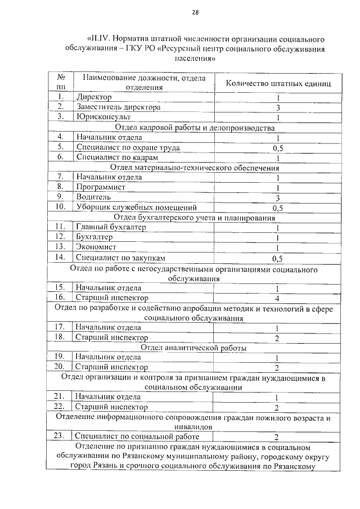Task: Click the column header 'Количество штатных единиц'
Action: (278, 83)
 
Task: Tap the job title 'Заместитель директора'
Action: (118, 107)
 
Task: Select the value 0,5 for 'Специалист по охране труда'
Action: (277, 148)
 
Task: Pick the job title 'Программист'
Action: (101, 187)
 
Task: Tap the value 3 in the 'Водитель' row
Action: (277, 197)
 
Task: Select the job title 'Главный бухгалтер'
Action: (111, 227)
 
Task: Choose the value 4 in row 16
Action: (277, 298)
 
